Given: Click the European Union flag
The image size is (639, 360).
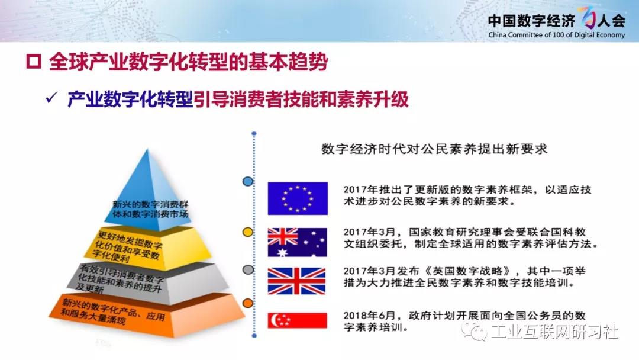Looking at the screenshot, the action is coord(298,198).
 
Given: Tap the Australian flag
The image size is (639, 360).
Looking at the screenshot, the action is coord(297,242).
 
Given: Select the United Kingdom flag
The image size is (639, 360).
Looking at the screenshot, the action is coord(296,281).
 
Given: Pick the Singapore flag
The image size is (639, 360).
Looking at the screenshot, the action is coord(297,320).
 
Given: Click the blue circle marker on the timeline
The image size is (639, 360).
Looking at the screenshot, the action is coord(248,181).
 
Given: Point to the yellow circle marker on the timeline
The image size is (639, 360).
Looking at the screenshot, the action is coord(248,232).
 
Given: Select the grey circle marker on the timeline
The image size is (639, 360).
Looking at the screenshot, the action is coord(248,269).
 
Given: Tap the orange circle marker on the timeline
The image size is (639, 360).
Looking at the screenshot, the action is coord(248,303).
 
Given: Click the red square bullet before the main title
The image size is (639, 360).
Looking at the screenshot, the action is coord(34,62).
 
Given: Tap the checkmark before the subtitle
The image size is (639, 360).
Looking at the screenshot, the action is coord(51,98).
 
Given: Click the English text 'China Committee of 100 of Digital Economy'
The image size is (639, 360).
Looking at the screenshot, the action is coord(556,35).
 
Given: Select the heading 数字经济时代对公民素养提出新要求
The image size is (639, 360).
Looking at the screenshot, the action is coord(434,149).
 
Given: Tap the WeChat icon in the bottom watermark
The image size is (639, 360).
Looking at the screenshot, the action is coord(475,332).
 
